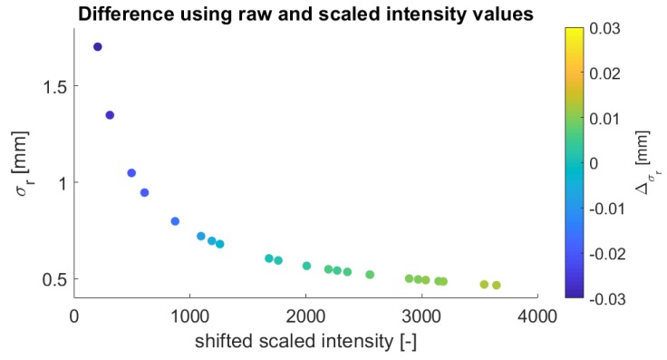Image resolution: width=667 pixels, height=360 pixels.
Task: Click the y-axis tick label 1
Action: [60, 182]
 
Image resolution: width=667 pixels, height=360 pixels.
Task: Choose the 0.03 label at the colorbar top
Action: [604, 29]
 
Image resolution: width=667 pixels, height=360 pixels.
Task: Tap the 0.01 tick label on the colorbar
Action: [604, 118]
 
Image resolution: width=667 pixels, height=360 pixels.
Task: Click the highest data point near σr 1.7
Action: [98, 47]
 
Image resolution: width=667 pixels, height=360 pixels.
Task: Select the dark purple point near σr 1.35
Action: [110, 115]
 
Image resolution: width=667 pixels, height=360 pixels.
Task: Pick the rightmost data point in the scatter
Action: [497, 286]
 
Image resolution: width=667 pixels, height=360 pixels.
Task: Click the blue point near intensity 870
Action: [175, 221]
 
